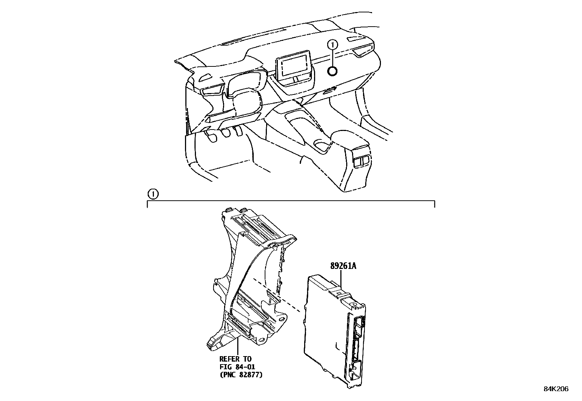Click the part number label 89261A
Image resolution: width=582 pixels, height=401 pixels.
pos(343,266)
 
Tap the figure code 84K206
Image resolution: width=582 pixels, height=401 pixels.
pos(556,389)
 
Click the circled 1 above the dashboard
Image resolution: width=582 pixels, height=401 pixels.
pos(332,45)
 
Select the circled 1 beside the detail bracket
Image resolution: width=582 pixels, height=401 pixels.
pos(153,194)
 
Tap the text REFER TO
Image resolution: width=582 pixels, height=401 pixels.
pos(235,359)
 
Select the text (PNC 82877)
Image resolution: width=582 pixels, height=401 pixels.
pos(241,374)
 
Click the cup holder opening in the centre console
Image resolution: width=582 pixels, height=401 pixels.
pos(322,146)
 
